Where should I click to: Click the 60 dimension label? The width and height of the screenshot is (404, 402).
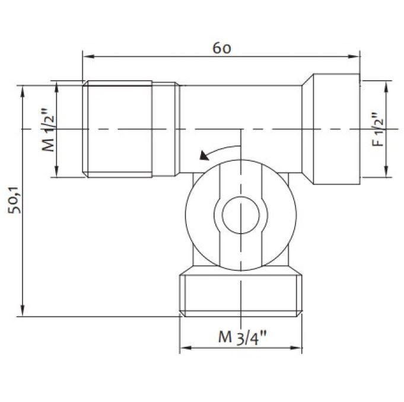click(x=222, y=48)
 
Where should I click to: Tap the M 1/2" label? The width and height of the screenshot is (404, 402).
click(x=49, y=130)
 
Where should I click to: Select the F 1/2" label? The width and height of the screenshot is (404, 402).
click(x=378, y=129)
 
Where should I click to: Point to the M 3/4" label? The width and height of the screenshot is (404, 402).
click(x=242, y=337)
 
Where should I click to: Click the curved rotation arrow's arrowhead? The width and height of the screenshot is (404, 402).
click(x=204, y=156)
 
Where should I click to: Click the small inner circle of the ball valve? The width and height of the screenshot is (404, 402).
click(x=241, y=215)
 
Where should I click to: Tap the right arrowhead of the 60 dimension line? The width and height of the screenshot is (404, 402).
click(x=354, y=56)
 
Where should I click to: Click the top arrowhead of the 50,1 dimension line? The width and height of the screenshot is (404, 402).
click(x=23, y=91)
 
